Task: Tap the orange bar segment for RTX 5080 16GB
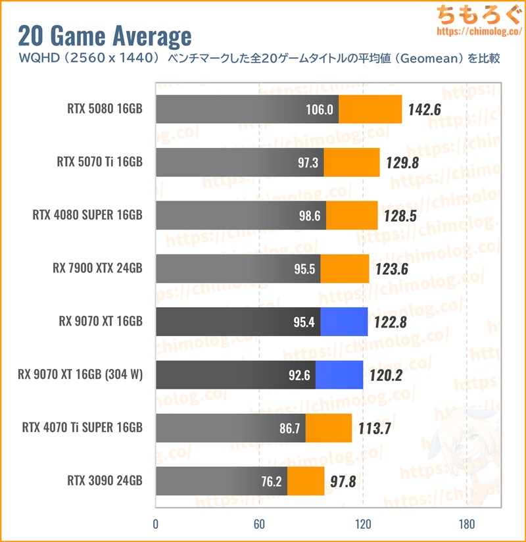click(x=370, y=109)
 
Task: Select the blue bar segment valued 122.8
click(x=344, y=322)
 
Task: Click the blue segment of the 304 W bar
click(x=339, y=375)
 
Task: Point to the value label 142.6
click(x=423, y=110)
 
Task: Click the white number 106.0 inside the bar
click(x=320, y=110)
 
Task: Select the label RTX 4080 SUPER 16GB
click(x=87, y=215)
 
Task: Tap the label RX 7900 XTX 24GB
click(x=97, y=268)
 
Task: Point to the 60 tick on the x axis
click(x=259, y=524)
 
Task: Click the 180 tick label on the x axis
click(x=467, y=524)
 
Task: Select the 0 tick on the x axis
click(x=155, y=524)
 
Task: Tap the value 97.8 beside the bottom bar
click(x=343, y=481)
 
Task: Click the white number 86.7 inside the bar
click(x=289, y=428)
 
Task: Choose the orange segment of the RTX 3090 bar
click(x=306, y=481)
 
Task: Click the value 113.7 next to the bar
click(x=375, y=428)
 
